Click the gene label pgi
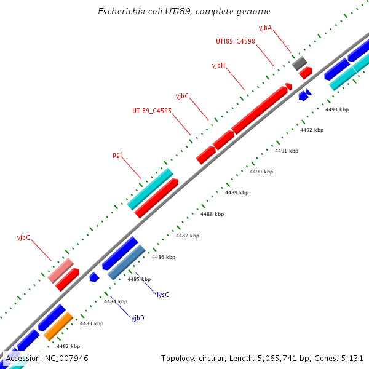tap(117, 155)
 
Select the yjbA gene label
tap(266, 28)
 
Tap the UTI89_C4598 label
tap(235, 42)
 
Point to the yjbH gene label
tap(218, 65)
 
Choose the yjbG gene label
tap(182, 96)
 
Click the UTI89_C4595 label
tap(151, 111)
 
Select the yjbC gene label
tap(23, 237)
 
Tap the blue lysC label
tap(163, 295)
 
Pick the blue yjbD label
tap(138, 317)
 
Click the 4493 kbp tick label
tap(337, 109)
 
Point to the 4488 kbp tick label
tap(212, 214)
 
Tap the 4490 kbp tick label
tap(261, 172)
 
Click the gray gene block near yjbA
tap(300, 63)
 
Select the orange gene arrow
tap(58, 326)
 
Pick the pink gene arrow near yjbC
tap(61, 271)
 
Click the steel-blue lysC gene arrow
tap(127, 263)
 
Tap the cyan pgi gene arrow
tap(149, 189)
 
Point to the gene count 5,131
tap(351, 358)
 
